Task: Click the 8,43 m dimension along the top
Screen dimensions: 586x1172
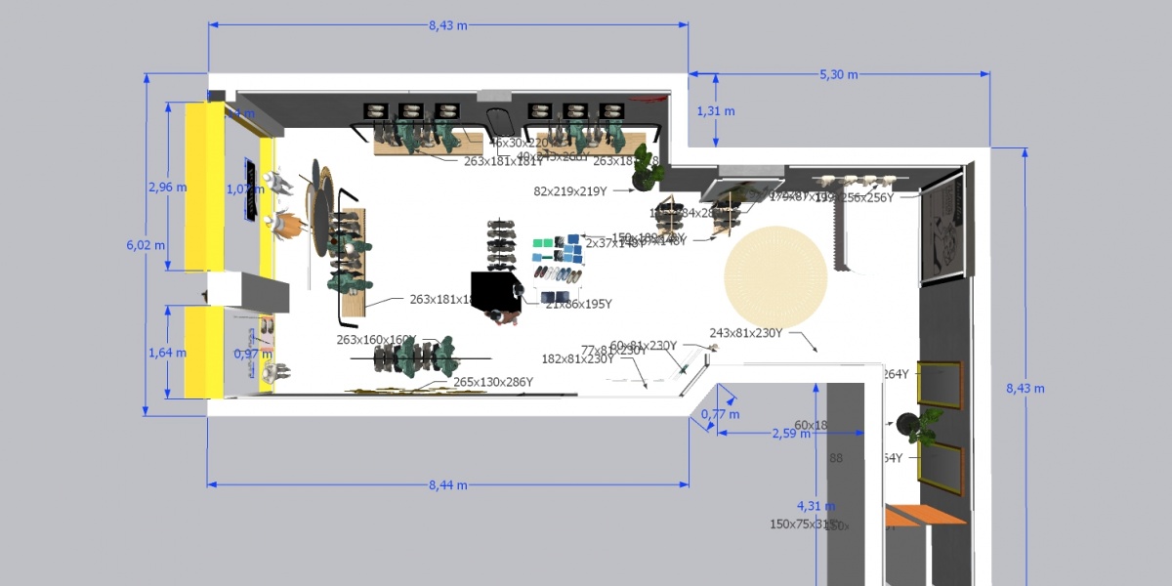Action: [447, 25]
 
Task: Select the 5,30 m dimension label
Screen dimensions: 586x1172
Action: [838, 74]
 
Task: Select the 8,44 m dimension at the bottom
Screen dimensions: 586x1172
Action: [447, 484]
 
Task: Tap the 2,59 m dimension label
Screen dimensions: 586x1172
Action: [791, 433]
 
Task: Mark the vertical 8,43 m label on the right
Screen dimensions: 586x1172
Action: [1025, 388]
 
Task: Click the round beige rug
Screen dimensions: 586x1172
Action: [776, 277]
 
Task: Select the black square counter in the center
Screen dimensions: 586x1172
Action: [497, 290]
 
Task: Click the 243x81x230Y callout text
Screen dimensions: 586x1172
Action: [745, 333]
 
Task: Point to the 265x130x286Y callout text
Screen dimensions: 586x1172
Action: [493, 382]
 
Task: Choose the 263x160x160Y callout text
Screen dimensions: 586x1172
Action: [376, 340]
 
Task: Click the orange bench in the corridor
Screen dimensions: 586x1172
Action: [922, 515]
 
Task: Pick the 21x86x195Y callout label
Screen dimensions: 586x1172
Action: [578, 305]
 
